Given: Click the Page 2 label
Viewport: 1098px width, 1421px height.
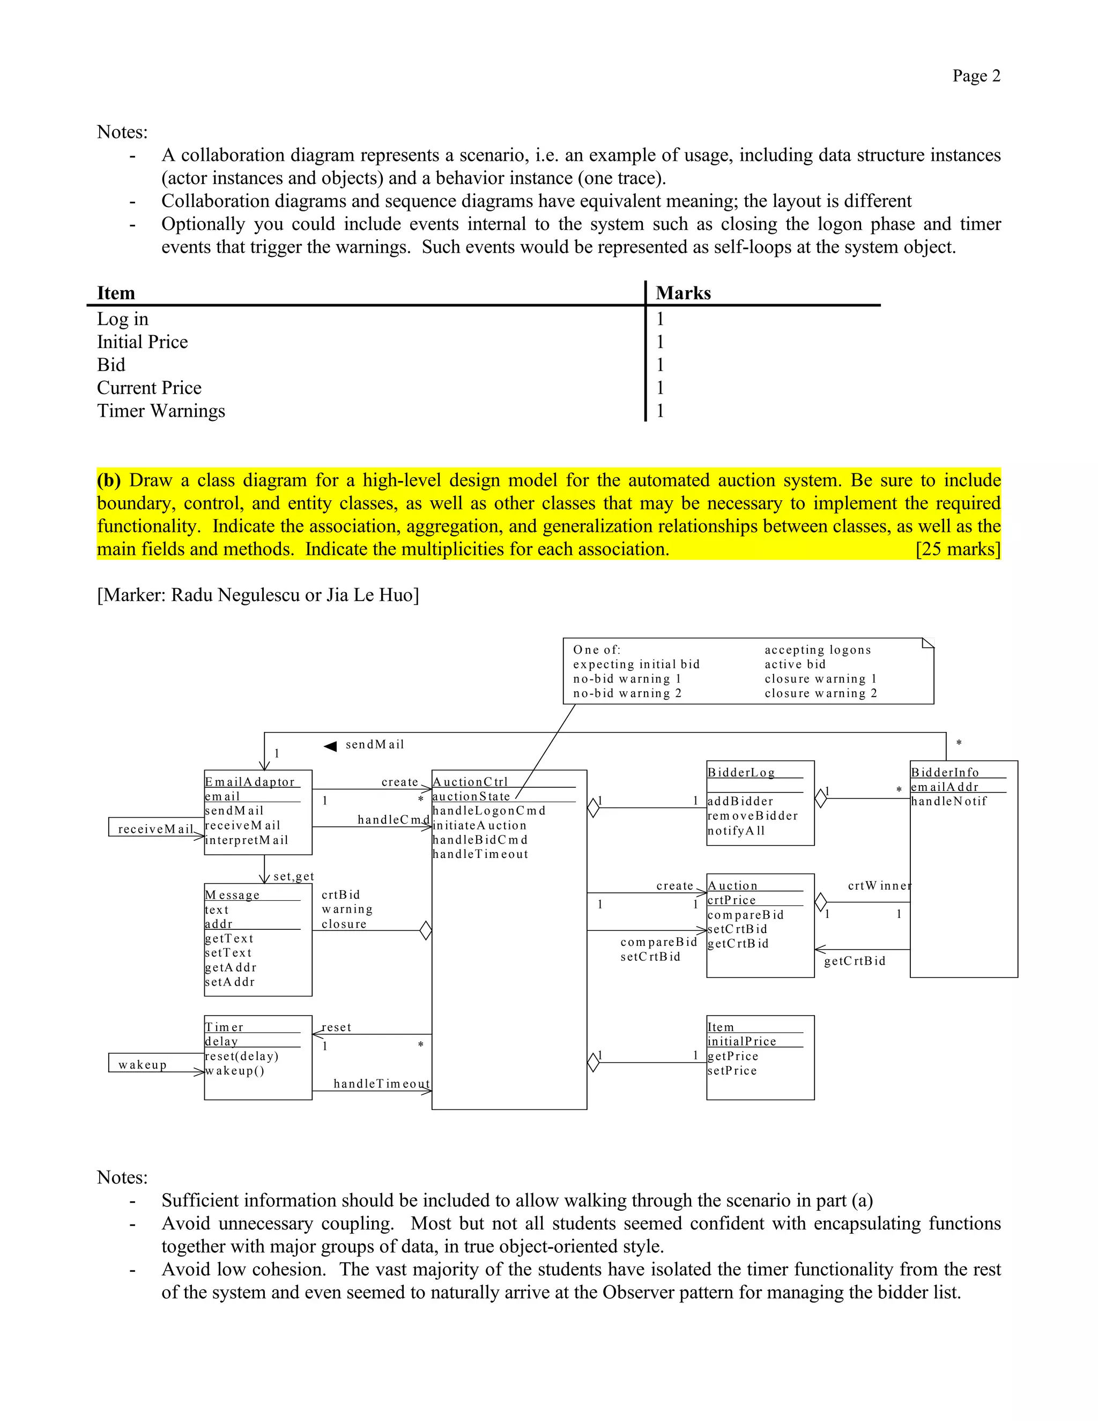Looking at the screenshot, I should click(976, 76).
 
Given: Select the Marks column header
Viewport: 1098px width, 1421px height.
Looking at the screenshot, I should click(682, 293).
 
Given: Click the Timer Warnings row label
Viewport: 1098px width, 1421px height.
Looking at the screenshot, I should click(161, 411).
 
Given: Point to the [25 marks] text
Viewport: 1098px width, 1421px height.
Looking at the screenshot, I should click(958, 549).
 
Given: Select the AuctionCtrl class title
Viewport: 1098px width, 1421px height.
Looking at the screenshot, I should click(470, 781).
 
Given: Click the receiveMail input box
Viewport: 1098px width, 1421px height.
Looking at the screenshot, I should click(155, 828).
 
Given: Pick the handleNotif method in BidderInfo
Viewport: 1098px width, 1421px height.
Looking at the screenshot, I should click(948, 801).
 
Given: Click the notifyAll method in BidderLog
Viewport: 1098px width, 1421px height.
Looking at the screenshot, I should click(736, 830).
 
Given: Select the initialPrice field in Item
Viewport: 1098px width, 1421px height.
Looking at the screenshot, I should click(741, 1041).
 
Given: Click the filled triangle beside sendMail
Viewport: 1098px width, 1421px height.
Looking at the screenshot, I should click(330, 746).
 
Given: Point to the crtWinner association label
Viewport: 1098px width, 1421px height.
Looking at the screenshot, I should click(879, 885).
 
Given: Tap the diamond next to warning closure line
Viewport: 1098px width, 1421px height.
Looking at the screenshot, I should click(425, 930).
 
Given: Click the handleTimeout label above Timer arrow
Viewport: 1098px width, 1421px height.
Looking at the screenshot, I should click(381, 1083).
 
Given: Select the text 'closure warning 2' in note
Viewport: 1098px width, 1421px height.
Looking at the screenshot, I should click(820, 693).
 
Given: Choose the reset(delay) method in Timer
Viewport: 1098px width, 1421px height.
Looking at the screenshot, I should click(241, 1056).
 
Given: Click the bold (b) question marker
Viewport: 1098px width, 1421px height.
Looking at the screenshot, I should click(109, 480).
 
